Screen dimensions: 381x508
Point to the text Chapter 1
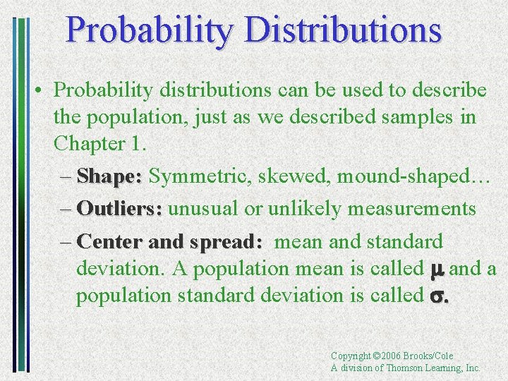click(x=99, y=143)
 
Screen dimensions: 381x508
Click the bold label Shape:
click(x=109, y=176)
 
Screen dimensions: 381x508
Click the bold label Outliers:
click(x=120, y=209)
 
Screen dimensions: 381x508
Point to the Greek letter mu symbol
click(x=435, y=270)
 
